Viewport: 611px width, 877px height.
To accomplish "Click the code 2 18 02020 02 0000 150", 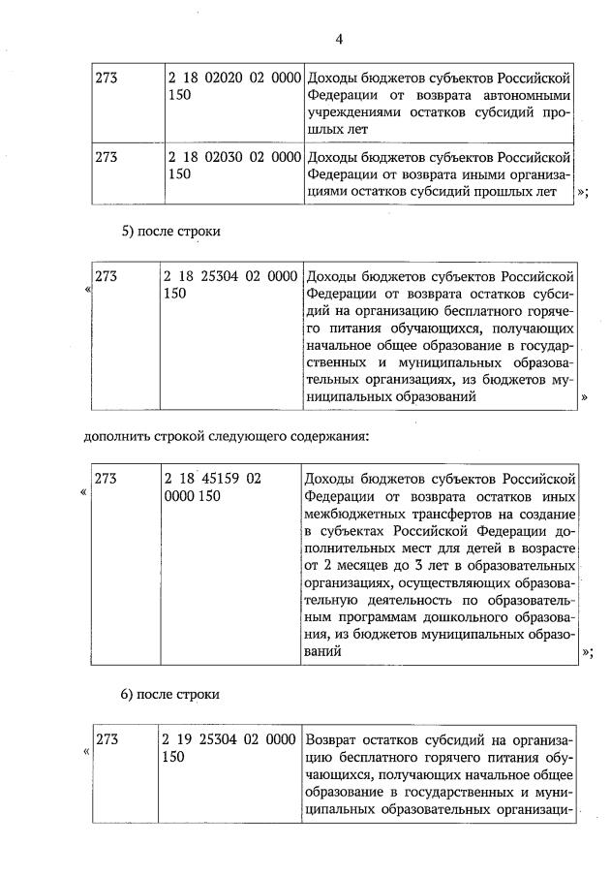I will click(230, 86).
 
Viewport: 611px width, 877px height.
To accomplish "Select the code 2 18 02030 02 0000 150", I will click(230, 166).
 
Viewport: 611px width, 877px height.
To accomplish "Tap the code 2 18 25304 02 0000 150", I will click(230, 286).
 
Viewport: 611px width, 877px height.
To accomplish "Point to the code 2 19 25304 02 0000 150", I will click(230, 749).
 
